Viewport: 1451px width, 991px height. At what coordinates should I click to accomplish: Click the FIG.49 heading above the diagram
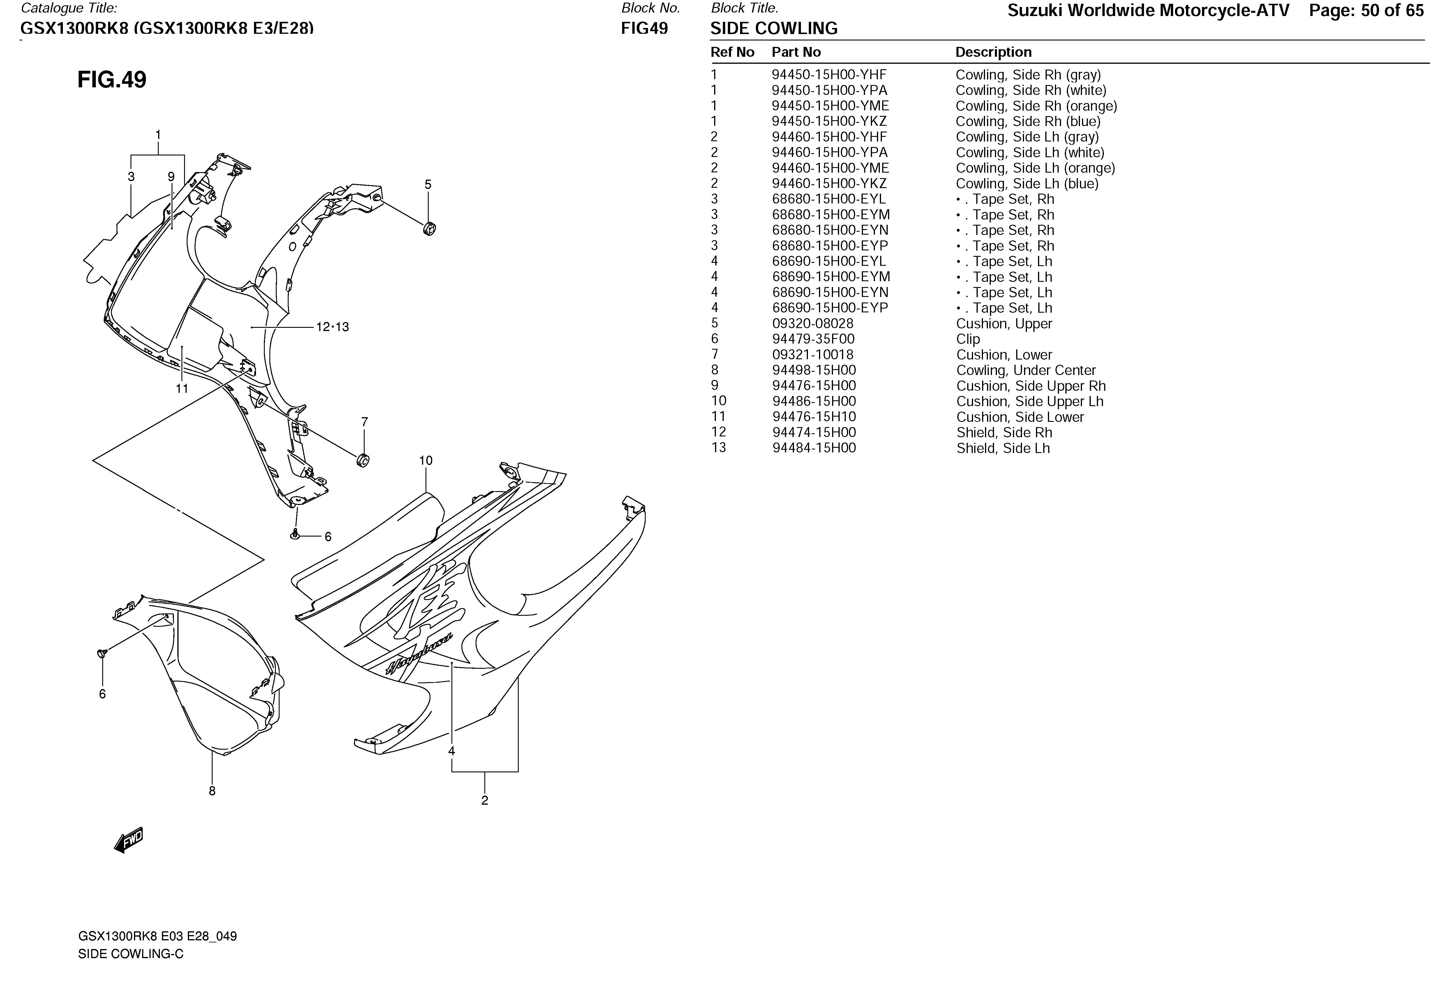(112, 80)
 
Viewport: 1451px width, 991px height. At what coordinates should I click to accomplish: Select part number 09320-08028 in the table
(812, 323)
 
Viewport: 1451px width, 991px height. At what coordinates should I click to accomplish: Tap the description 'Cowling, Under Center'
(1026, 370)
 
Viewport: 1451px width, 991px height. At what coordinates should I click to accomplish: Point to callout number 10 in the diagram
(426, 461)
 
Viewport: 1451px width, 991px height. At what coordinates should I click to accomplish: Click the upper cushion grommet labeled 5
(429, 229)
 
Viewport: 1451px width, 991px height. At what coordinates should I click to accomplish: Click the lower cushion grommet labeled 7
(362, 461)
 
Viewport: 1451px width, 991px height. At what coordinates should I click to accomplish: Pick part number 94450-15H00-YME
(830, 106)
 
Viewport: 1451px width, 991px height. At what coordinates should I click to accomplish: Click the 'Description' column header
(993, 52)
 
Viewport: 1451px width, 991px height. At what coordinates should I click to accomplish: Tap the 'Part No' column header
(796, 52)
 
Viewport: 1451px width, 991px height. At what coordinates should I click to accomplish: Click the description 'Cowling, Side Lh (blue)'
(1027, 183)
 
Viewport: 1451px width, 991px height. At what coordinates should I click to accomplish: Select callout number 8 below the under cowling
(212, 791)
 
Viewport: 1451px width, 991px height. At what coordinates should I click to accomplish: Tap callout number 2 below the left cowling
(485, 800)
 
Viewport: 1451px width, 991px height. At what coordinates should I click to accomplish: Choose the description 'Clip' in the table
(968, 339)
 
